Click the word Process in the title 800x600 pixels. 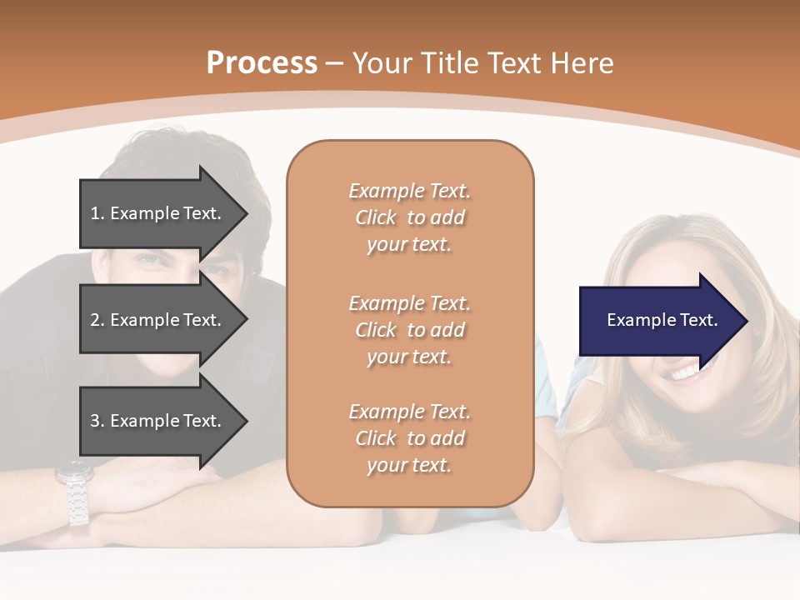click(262, 62)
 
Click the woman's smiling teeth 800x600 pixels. click(685, 372)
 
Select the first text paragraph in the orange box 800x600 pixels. click(409, 217)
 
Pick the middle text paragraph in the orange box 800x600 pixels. click(409, 330)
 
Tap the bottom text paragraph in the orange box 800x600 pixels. click(409, 438)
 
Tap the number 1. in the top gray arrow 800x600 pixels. click(97, 213)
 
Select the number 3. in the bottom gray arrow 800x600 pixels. click(97, 421)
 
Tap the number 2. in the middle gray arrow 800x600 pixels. click(97, 320)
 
